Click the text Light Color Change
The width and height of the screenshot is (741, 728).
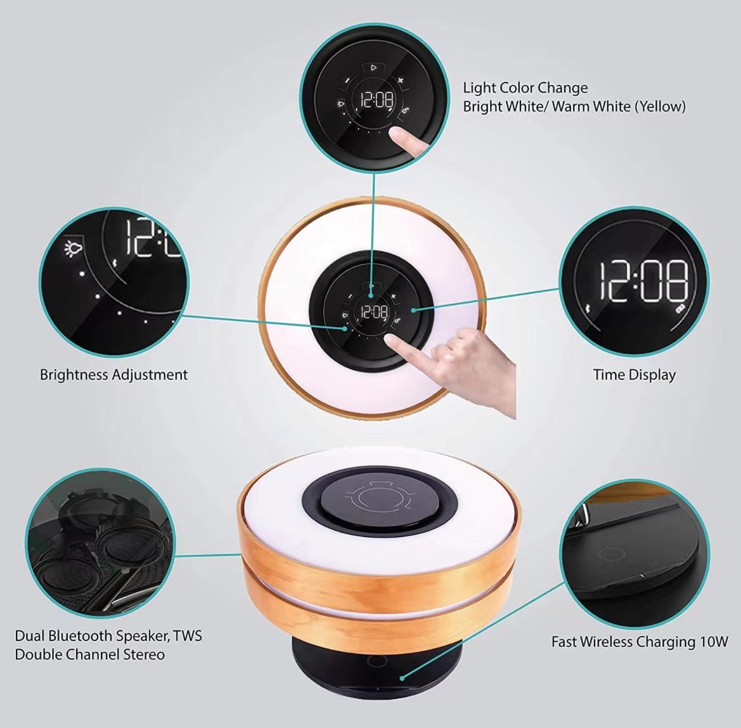click(x=525, y=88)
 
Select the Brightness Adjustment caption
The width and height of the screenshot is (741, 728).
click(x=113, y=375)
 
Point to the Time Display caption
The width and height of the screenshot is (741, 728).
click(x=635, y=375)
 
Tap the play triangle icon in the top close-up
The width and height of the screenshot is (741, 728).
click(x=374, y=68)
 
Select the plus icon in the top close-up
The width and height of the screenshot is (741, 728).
click(x=401, y=81)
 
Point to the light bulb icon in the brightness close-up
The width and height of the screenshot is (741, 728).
click(x=74, y=248)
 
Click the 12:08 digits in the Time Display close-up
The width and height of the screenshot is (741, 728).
click(x=643, y=282)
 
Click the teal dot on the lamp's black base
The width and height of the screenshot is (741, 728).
click(x=402, y=679)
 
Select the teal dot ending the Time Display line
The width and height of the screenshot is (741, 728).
click(x=413, y=310)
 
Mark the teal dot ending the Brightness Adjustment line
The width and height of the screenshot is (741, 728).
click(x=346, y=328)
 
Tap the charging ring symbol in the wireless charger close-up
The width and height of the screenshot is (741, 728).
click(x=612, y=554)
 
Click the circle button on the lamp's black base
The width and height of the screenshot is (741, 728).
click(x=376, y=660)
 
